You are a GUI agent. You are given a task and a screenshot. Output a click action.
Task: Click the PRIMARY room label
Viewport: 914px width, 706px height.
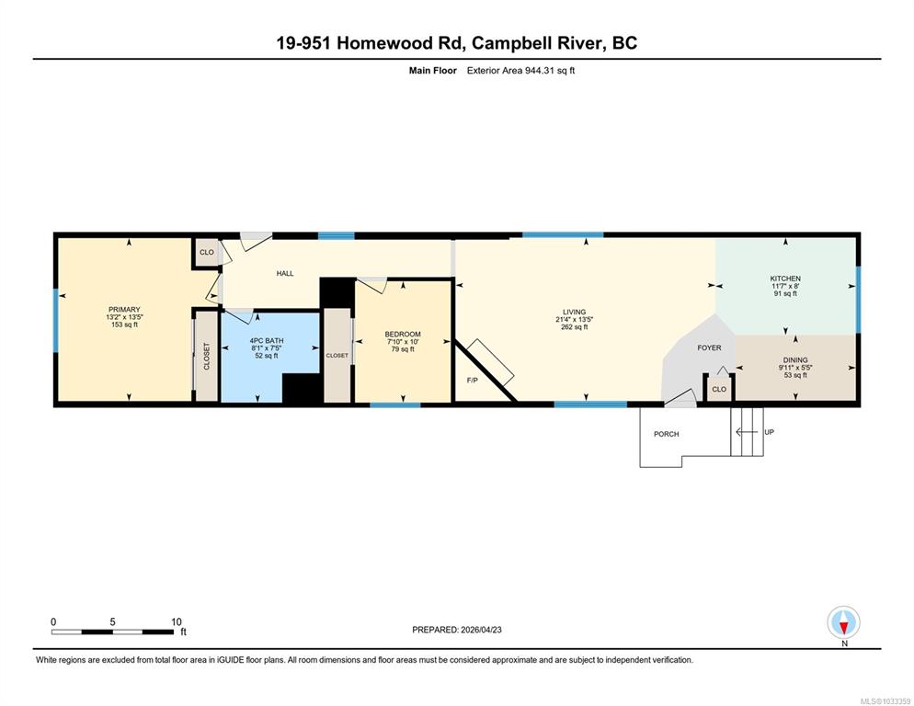pyautogui.click(x=124, y=310)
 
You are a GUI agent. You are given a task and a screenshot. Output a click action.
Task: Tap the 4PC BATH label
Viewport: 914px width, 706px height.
pyautogui.click(x=267, y=340)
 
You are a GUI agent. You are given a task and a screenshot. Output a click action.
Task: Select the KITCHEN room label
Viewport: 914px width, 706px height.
pyautogui.click(x=785, y=279)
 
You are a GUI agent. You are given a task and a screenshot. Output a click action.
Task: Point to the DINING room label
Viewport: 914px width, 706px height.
pyautogui.click(x=795, y=360)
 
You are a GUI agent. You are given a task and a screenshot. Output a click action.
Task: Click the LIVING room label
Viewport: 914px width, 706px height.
pyautogui.click(x=574, y=312)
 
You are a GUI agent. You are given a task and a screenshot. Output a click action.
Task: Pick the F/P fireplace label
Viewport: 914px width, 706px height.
pyautogui.click(x=472, y=381)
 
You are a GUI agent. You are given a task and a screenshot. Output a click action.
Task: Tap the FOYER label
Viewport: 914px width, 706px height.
pyautogui.click(x=709, y=347)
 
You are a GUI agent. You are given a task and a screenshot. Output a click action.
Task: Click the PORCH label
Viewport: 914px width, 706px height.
pyautogui.click(x=667, y=434)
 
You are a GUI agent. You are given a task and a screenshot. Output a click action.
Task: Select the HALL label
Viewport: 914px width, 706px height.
pyautogui.click(x=285, y=273)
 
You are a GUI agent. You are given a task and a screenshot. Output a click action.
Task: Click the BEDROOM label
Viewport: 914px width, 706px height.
pyautogui.click(x=403, y=334)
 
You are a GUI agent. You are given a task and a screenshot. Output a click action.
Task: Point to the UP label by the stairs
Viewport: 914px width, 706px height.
pyautogui.click(x=770, y=432)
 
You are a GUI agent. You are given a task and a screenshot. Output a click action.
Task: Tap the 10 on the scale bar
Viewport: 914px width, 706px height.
pyautogui.click(x=177, y=622)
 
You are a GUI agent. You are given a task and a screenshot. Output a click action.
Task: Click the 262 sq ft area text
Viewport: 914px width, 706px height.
pyautogui.click(x=574, y=327)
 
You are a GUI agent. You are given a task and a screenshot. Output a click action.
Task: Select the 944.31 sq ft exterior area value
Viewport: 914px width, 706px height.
pyautogui.click(x=550, y=71)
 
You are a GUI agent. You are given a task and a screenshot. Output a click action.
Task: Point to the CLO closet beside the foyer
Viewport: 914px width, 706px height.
pyautogui.click(x=719, y=389)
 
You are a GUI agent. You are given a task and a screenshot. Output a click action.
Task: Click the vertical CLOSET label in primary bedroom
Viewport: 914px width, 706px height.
pyautogui.click(x=206, y=356)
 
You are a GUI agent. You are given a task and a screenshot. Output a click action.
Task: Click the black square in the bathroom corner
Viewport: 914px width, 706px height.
pyautogui.click(x=302, y=388)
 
